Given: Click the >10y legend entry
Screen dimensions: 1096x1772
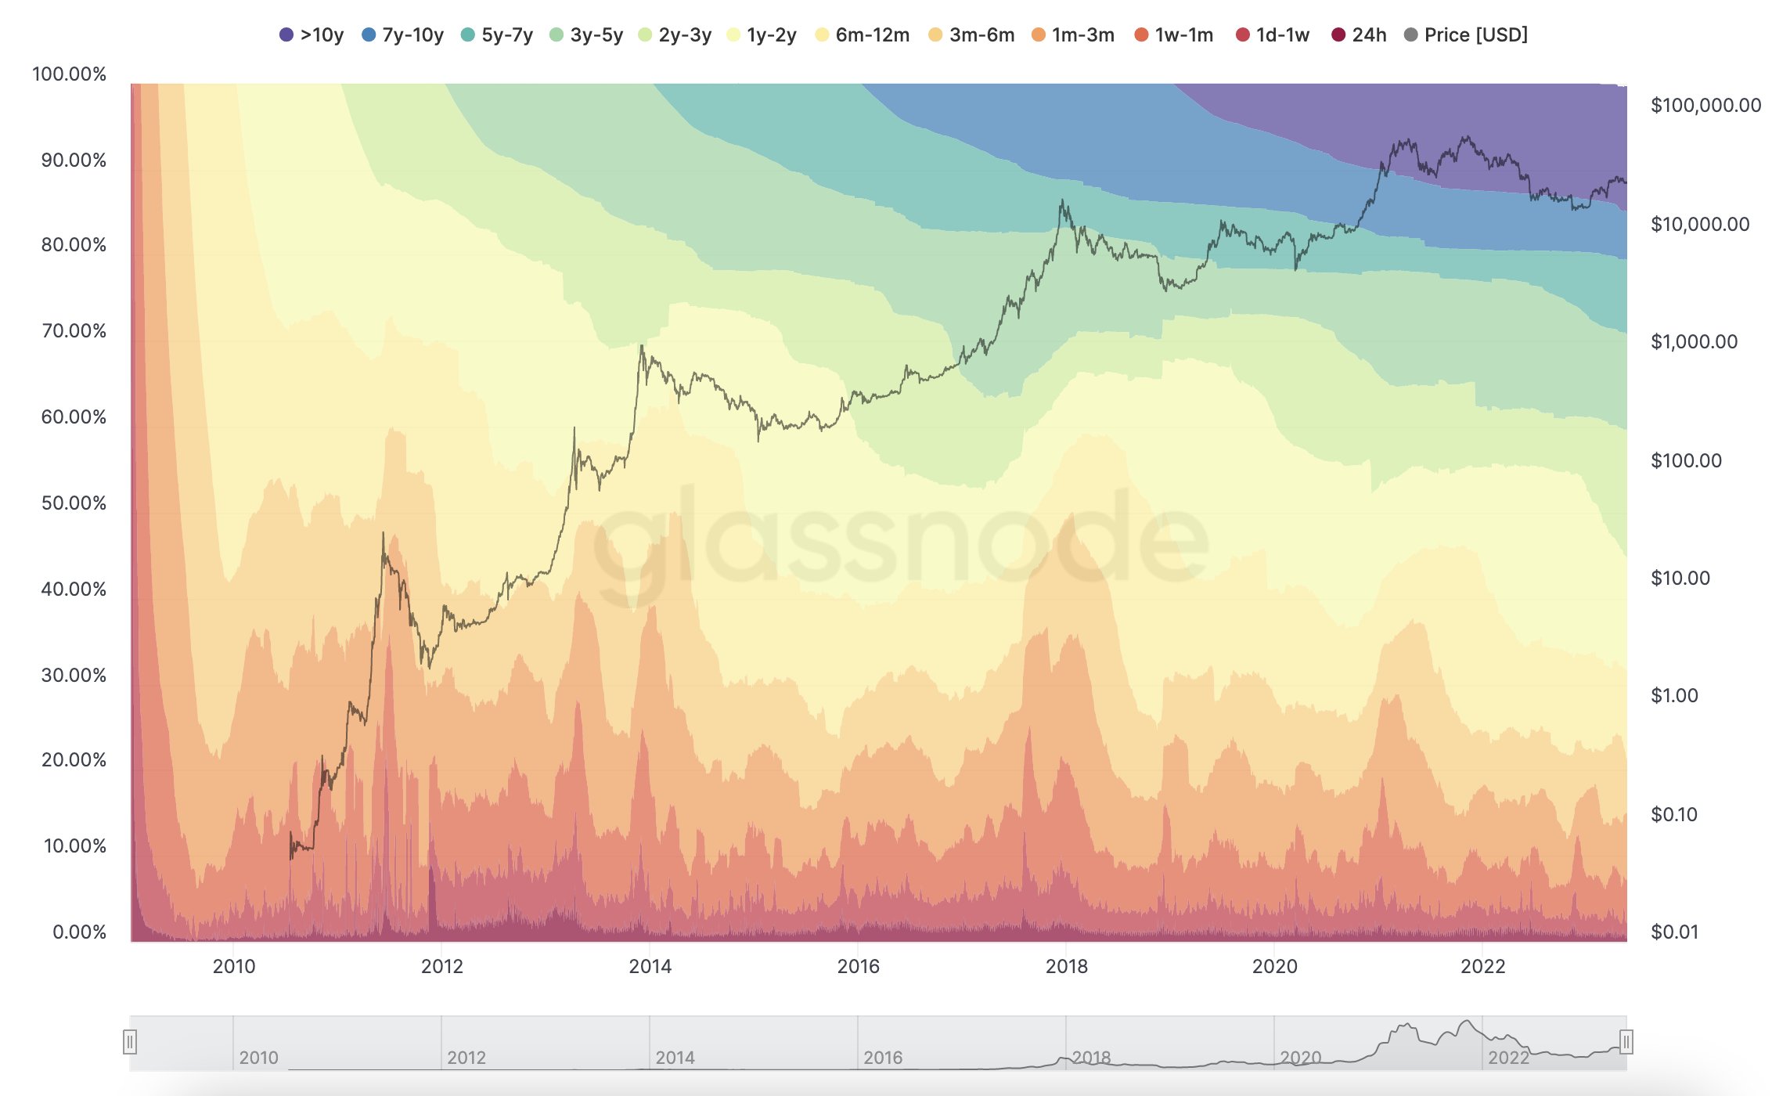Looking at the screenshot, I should pyautogui.click(x=312, y=35).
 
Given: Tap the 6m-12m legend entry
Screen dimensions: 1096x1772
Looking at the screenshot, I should pyautogui.click(x=863, y=35).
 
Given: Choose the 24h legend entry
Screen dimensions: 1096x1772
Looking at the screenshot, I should pyautogui.click(x=1360, y=35).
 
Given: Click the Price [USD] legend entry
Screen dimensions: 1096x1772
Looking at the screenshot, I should pyautogui.click(x=1466, y=35).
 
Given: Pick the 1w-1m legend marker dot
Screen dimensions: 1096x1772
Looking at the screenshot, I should pyautogui.click(x=1141, y=35).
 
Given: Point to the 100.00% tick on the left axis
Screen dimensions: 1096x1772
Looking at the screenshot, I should pyautogui.click(x=69, y=74).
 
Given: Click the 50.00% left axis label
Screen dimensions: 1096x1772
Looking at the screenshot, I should pyautogui.click(x=74, y=503).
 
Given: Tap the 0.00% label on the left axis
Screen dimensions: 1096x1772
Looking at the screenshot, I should pyautogui.click(x=79, y=932).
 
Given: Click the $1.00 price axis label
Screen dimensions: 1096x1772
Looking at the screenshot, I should pyautogui.click(x=1674, y=696).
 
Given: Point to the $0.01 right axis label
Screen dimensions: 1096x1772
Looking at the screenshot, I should pyautogui.click(x=1674, y=932).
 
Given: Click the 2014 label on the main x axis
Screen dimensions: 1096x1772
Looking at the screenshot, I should pyautogui.click(x=650, y=966).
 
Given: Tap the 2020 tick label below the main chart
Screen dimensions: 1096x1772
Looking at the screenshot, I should pyautogui.click(x=1274, y=966).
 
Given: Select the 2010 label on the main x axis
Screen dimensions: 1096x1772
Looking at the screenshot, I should pyautogui.click(x=233, y=966).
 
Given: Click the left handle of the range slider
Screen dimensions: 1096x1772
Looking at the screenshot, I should pyautogui.click(x=130, y=1042).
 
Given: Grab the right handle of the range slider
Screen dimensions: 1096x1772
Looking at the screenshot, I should pyautogui.click(x=1626, y=1042).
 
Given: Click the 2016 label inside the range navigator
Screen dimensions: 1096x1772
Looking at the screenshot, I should pyautogui.click(x=883, y=1058).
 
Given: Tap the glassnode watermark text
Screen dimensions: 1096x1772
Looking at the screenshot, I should pyautogui.click(x=900, y=540).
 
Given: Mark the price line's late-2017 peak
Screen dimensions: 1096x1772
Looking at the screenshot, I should pyautogui.click(x=1062, y=201).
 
